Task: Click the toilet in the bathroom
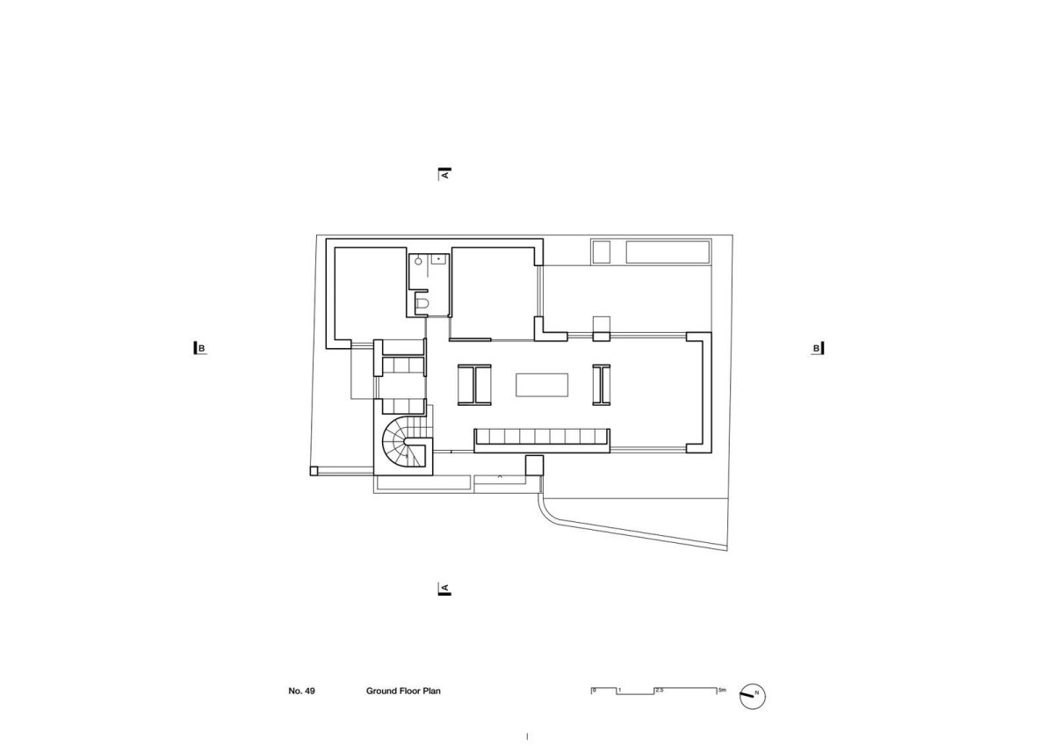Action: tap(422, 302)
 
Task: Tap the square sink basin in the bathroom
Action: tap(438, 259)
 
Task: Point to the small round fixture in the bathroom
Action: tap(418, 261)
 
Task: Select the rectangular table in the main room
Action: tap(542, 385)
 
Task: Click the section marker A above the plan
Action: tap(444, 174)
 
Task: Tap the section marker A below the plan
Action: tap(444, 589)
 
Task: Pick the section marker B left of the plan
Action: tap(200, 348)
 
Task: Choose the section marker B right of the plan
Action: tap(818, 348)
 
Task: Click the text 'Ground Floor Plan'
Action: tap(403, 691)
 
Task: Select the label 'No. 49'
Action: tap(301, 691)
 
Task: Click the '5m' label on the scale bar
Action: tap(722, 690)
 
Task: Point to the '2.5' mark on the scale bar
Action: tap(660, 690)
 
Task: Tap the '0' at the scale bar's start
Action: tap(595, 690)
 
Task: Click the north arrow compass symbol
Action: tap(753, 696)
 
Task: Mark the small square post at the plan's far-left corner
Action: tap(314, 471)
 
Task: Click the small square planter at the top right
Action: tap(601, 252)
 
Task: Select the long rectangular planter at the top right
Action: tap(668, 252)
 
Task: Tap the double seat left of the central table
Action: tap(474, 385)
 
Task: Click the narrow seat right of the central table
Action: tap(602, 385)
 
